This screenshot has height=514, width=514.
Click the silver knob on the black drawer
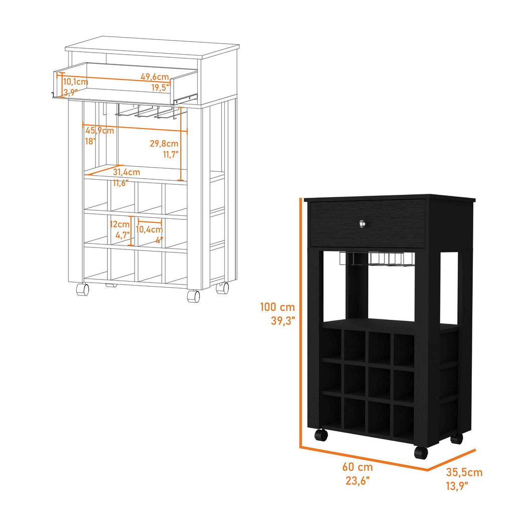click(361, 223)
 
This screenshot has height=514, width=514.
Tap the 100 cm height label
click(277, 307)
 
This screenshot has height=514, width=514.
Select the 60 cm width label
click(357, 467)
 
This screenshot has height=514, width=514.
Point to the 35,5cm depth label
click(464, 472)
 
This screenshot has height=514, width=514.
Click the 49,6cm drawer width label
click(155, 77)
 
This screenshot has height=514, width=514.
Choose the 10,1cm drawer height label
click(76, 82)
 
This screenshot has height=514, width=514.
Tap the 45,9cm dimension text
click(100, 131)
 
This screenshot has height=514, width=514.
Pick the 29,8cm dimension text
click(164, 143)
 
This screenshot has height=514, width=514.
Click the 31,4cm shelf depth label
click(126, 172)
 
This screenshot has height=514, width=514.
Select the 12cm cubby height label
click(119, 224)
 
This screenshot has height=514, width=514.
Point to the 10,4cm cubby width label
click(150, 229)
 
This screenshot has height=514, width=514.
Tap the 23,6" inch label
click(357, 480)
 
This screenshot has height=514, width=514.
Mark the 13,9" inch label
click(457, 486)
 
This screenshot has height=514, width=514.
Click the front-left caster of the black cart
click(321, 435)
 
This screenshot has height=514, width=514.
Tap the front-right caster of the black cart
click(421, 452)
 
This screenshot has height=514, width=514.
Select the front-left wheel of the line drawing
click(83, 290)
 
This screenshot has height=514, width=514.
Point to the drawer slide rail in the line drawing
click(186, 98)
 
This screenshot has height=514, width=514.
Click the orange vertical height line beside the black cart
click(300, 323)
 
